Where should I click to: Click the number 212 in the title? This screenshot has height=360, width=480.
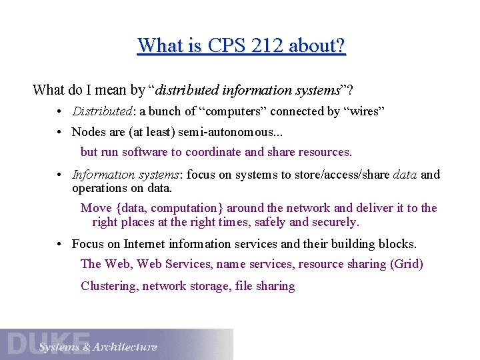pyautogui.click(x=256, y=46)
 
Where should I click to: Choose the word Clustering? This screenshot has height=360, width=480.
pyautogui.click(x=108, y=286)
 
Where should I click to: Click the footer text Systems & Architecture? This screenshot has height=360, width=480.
pyautogui.click(x=98, y=347)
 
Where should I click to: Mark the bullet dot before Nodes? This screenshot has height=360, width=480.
pyautogui.click(x=60, y=132)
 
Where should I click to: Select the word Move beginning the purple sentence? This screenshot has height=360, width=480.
pyautogui.click(x=96, y=208)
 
